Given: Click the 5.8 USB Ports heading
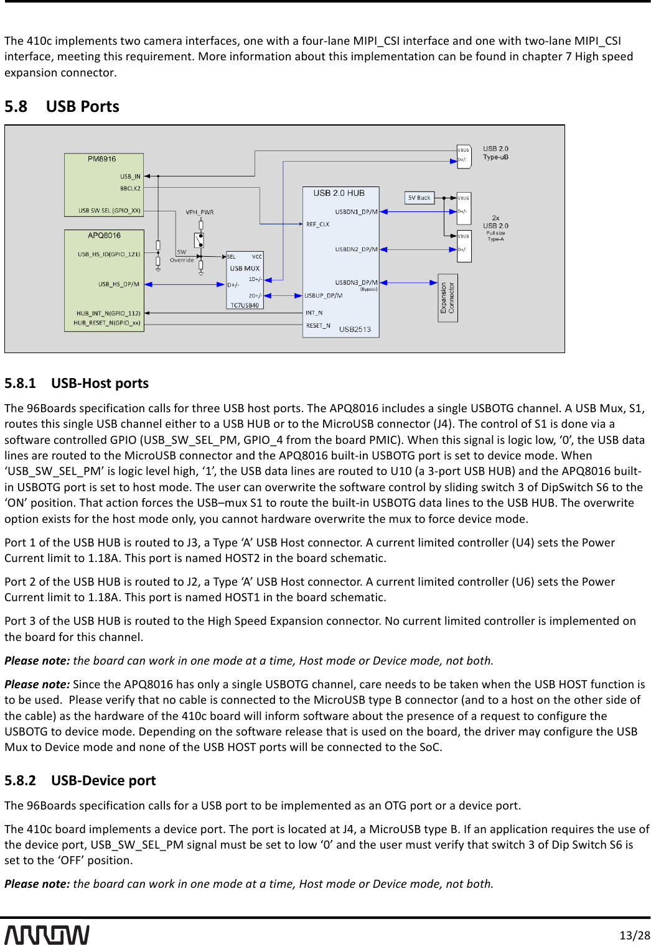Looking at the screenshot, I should (62, 107).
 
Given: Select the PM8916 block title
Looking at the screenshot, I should (101, 159).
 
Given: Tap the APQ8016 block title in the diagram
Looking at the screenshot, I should (104, 236).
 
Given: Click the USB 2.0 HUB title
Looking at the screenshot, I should (339, 193).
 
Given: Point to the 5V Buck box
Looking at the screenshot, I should (419, 198).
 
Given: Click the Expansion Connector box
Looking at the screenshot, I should (447, 298).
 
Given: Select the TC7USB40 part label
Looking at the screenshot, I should (245, 305).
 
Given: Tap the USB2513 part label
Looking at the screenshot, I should (355, 330).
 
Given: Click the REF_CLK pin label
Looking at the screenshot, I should (317, 224).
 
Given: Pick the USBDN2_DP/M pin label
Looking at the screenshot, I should (356, 249).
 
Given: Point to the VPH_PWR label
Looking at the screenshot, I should (199, 213).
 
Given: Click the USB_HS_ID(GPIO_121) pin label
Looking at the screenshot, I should (109, 254).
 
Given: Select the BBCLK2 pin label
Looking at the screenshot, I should (130, 188).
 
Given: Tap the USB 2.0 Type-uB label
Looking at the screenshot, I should (495, 153).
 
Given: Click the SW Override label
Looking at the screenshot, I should (182, 256).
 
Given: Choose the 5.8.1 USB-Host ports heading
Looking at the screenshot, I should (77, 384).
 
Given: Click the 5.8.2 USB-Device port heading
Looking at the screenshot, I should (80, 781).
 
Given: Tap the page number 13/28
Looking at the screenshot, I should (635, 935).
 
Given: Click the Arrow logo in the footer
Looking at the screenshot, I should (47, 934).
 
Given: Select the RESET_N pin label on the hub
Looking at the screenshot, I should (317, 326).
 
